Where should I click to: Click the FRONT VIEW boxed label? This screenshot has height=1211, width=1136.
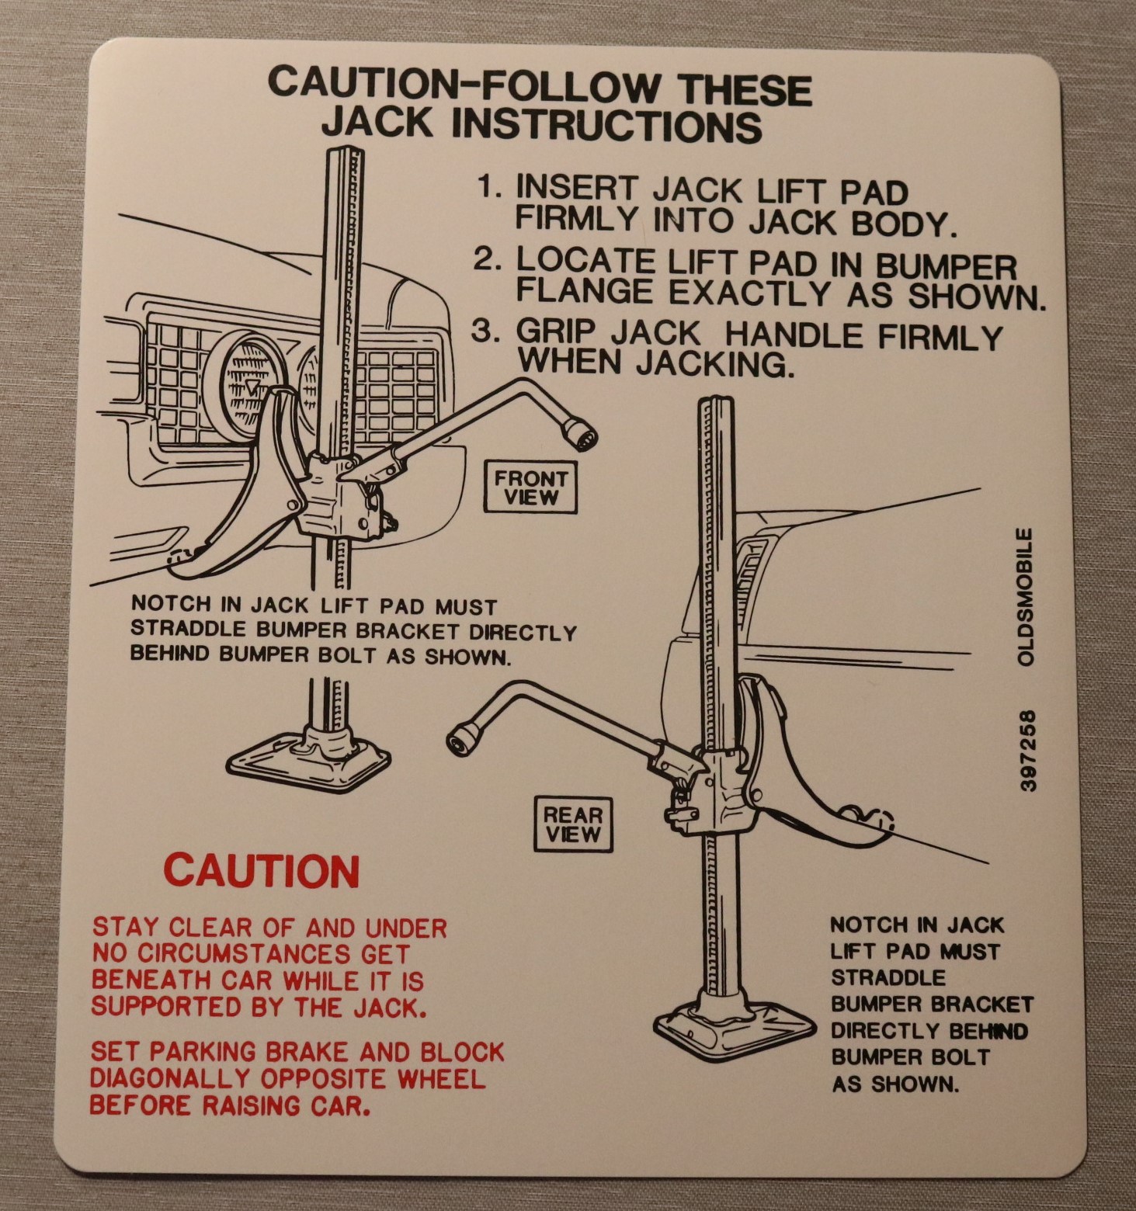click(530, 488)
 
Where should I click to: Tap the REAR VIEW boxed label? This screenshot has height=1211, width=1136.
click(573, 824)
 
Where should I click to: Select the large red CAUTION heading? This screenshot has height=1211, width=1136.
click(262, 871)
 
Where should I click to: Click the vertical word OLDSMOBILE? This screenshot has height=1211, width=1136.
click(1026, 596)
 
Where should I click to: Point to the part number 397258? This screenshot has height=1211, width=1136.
click(1027, 750)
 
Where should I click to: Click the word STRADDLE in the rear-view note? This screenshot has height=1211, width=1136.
click(888, 977)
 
